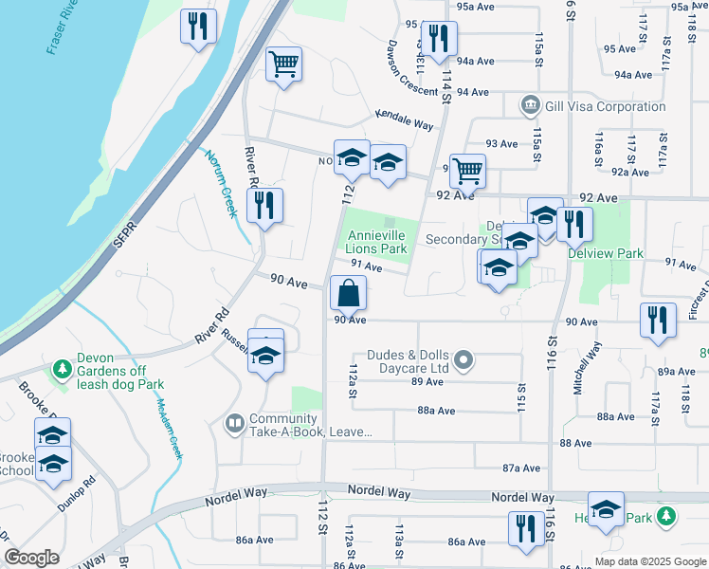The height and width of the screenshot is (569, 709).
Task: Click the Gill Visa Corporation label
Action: [x=605, y=106]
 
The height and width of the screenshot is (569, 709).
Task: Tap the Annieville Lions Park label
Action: [x=377, y=242]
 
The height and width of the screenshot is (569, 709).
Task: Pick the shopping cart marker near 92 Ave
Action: [x=467, y=172]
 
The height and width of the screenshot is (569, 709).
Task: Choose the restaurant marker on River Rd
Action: [x=264, y=206]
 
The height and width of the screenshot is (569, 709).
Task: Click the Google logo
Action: [x=31, y=557]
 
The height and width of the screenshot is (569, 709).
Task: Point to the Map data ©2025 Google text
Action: [x=649, y=560]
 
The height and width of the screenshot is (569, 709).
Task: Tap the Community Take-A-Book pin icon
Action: [x=234, y=423]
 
